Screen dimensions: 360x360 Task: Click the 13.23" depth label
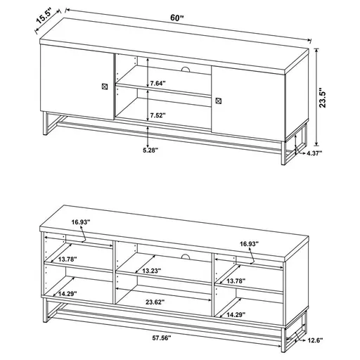pyautogui.click(x=151, y=271)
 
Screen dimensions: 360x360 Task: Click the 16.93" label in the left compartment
pyautogui.click(x=80, y=223)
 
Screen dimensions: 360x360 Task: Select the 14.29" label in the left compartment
pyautogui.click(x=67, y=295)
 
